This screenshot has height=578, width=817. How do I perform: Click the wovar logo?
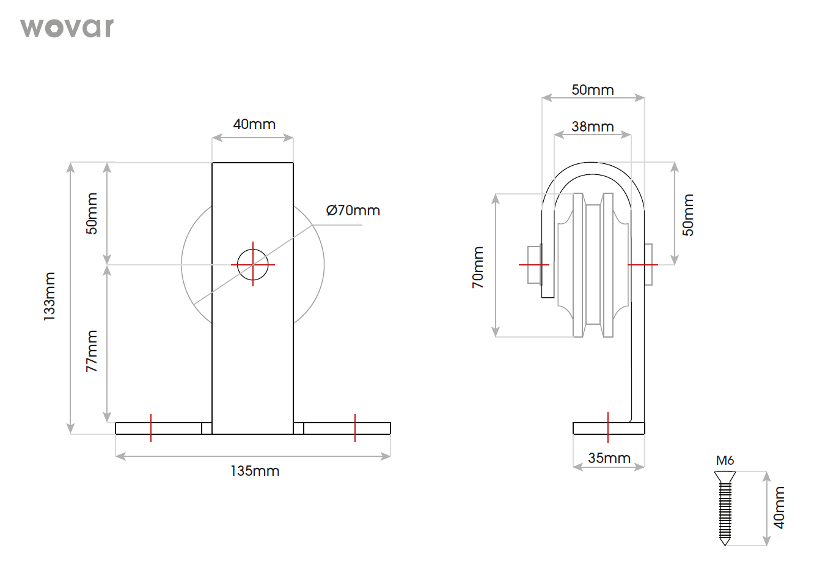point(67,28)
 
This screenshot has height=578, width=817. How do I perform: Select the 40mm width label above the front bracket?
point(254,124)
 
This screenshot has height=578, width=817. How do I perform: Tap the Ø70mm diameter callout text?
point(353,210)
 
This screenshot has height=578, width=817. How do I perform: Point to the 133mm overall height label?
point(49,297)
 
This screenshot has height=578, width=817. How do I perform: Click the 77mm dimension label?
point(92,351)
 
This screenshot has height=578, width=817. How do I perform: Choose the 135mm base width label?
point(255,471)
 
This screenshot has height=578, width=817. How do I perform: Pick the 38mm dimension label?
point(592,127)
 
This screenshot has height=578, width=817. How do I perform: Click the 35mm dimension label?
point(609,458)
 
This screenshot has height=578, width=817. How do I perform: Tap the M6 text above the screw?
point(725,461)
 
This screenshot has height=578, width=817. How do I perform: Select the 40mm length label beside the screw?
point(779,508)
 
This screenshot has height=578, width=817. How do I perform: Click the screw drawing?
point(725,508)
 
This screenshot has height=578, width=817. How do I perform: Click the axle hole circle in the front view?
point(253,265)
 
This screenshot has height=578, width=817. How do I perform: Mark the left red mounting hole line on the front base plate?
point(151,428)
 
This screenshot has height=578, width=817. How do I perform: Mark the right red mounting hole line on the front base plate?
point(355,428)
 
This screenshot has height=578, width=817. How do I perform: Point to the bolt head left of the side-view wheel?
point(534,265)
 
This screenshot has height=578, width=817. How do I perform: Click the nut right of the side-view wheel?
point(648,265)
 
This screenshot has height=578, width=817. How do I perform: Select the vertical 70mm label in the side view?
point(478,268)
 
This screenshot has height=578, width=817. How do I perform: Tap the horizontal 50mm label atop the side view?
point(592,90)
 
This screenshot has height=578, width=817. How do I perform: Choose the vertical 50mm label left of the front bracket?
point(92,213)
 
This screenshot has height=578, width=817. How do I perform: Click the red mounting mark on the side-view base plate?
point(608,427)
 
